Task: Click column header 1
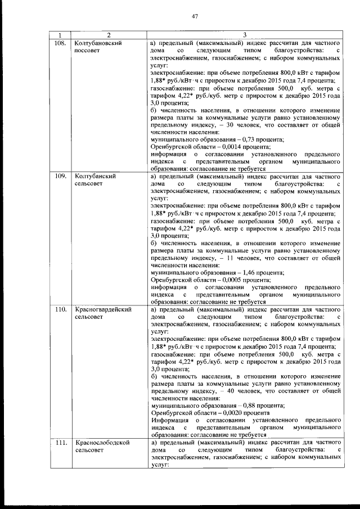60,35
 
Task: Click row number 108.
61,43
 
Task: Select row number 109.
61,176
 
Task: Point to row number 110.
61,309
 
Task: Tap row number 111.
61,443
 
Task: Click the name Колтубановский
98,43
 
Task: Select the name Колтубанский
95,176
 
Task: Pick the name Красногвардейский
103,309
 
